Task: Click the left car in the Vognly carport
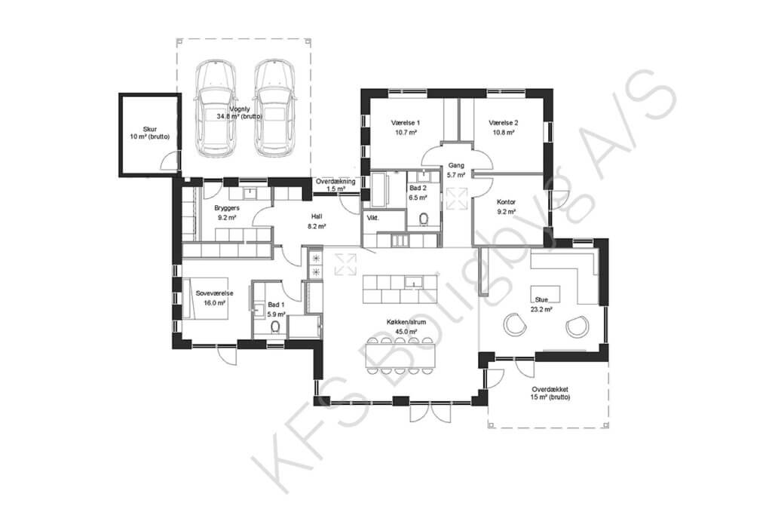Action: tap(215, 108)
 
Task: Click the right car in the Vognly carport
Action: tap(276, 108)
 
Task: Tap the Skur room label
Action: tap(150, 133)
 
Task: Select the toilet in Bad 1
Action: tap(275, 327)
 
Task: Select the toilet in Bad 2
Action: tap(424, 219)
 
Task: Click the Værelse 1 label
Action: tap(406, 127)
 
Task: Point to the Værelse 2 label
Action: tap(503, 127)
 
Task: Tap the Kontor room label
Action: tap(506, 207)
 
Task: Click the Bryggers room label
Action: tap(227, 212)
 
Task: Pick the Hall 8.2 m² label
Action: tap(317, 221)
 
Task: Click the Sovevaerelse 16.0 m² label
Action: tap(215, 298)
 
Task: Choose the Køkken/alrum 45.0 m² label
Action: tap(406, 326)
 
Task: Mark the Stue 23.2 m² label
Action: tap(541, 305)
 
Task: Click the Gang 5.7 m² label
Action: tap(456, 170)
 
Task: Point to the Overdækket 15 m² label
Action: tap(550, 393)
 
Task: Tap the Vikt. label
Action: tap(372, 218)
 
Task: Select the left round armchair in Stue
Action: tap(514, 325)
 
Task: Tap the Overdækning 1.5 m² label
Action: tap(335, 185)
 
